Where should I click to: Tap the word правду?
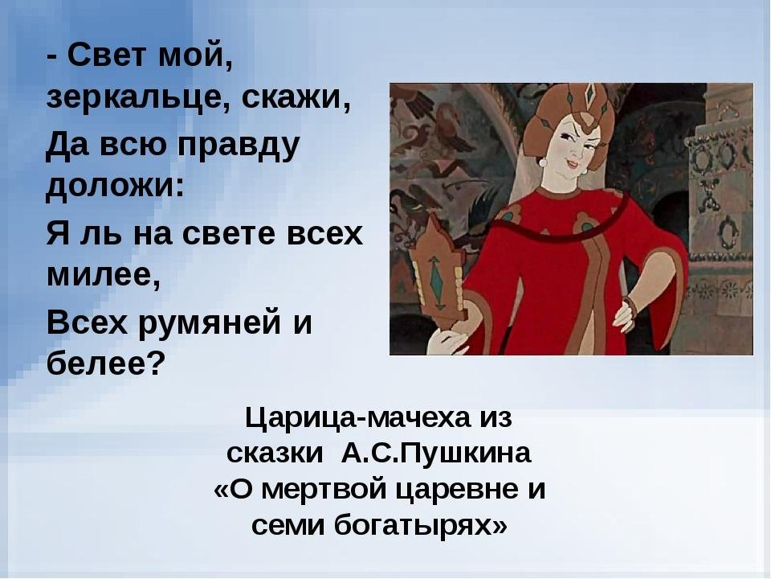tap(238, 146)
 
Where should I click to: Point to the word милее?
tap(100, 274)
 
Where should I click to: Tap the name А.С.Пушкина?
tap(436, 454)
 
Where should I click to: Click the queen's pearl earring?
tap(543, 162)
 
